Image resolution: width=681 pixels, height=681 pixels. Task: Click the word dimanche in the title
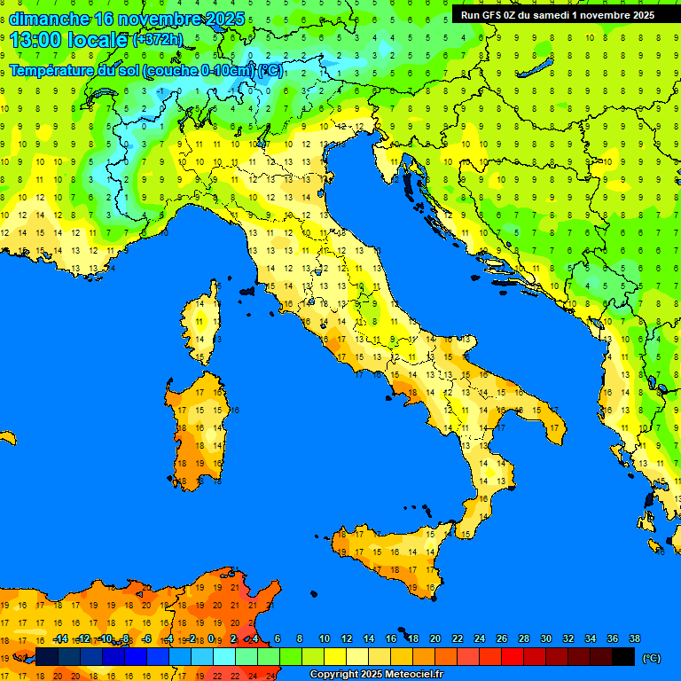click(49, 19)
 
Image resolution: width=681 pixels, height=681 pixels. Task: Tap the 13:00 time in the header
click(35, 40)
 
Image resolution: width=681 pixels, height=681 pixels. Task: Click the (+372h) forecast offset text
click(160, 40)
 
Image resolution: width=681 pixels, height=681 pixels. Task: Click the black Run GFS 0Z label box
click(558, 14)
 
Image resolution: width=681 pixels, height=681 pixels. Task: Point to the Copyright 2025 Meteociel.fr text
click(376, 675)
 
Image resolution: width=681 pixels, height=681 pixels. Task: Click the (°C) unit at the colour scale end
click(651, 657)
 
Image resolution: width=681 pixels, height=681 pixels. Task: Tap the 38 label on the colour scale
click(634, 638)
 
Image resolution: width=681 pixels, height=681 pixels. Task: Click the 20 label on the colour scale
click(434, 638)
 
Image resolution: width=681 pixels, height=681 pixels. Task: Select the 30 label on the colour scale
click(545, 638)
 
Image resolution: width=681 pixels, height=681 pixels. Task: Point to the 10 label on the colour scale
click(325, 638)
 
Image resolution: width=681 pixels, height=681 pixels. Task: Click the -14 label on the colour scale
click(60, 638)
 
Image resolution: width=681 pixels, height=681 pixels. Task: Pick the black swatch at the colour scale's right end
click(623, 656)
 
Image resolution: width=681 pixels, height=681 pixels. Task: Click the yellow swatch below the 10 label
click(335, 656)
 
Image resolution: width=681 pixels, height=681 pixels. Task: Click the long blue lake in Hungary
click(537, 67)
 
